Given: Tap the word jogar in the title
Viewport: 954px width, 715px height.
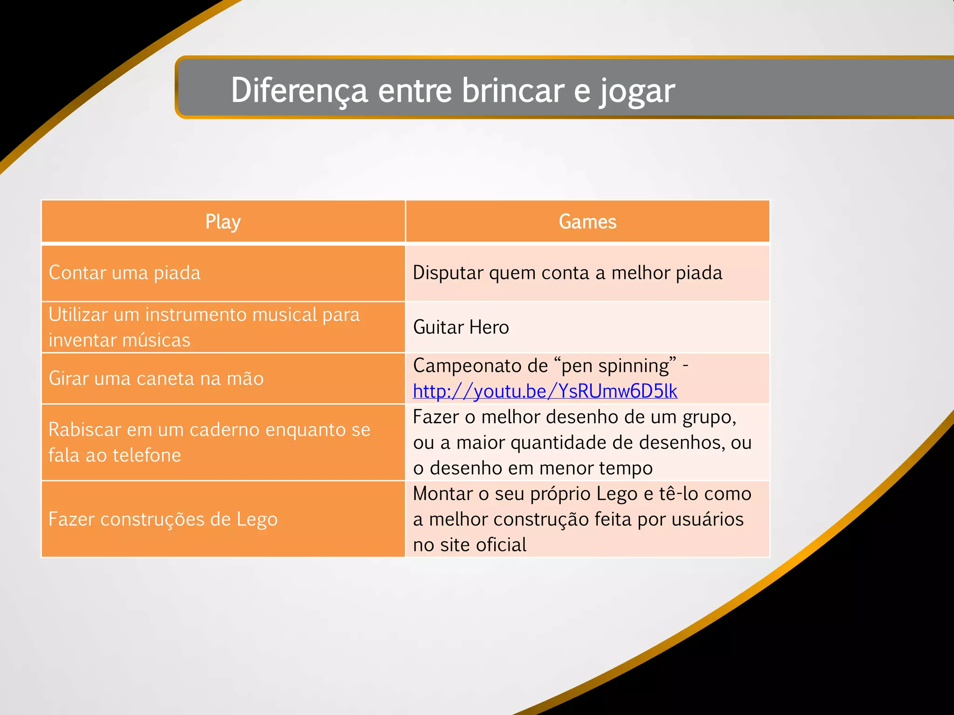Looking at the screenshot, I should tap(637, 91).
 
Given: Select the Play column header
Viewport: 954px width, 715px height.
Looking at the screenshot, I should tap(223, 222).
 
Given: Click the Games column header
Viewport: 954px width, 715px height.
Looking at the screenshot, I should tap(587, 222).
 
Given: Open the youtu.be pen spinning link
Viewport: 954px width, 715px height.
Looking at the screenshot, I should tap(545, 391).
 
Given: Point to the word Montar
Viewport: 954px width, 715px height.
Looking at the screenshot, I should tap(443, 494).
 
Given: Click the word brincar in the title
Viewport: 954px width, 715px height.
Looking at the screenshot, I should tap(512, 90).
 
